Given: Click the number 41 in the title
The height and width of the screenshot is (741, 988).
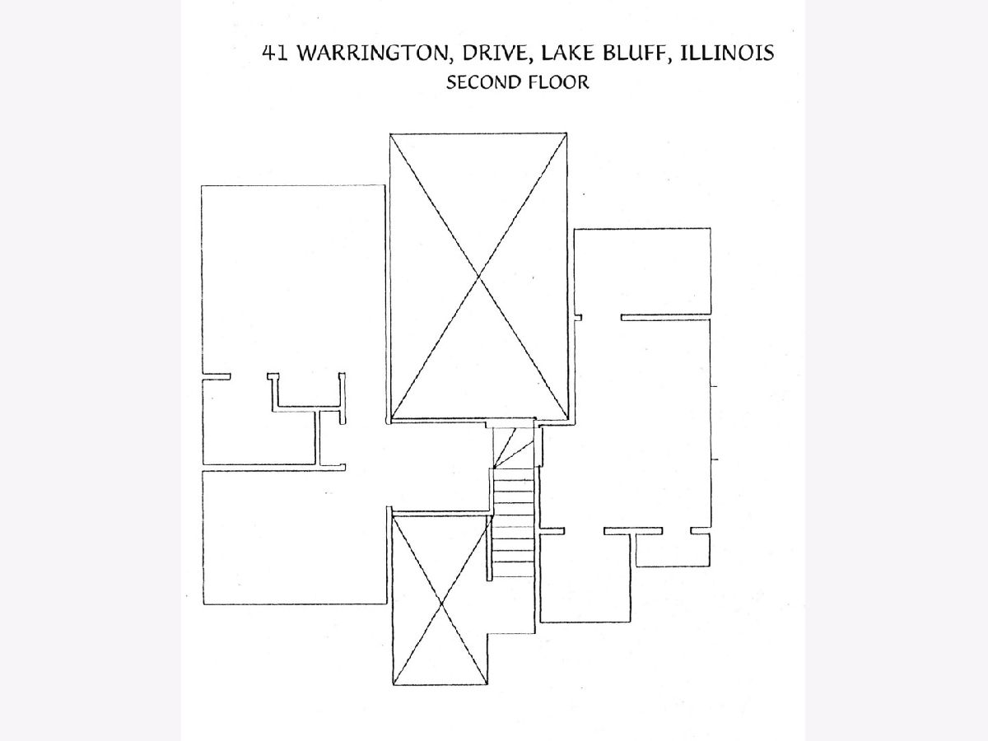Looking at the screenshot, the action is pyautogui.click(x=276, y=53).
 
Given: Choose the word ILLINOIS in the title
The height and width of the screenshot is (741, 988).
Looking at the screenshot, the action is pyautogui.click(x=727, y=53).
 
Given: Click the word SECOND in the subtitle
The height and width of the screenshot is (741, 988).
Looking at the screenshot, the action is pyautogui.click(x=482, y=82).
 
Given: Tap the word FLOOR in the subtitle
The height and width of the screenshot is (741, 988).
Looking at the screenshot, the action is pyautogui.click(x=558, y=82).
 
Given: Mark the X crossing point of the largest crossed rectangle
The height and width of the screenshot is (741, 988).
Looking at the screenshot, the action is pyautogui.click(x=478, y=276).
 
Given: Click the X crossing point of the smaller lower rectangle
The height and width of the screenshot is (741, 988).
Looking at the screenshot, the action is pyautogui.click(x=441, y=603).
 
